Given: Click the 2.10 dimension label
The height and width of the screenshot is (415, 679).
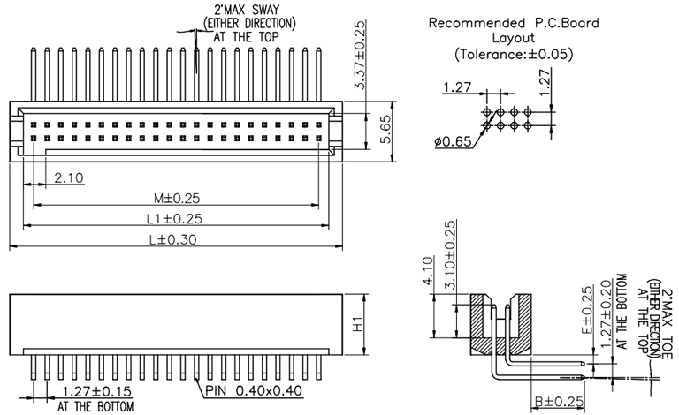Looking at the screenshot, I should click(68, 178).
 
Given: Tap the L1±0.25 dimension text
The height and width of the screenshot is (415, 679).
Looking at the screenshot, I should click(174, 218).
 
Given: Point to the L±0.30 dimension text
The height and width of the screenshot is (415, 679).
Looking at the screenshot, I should click(174, 240).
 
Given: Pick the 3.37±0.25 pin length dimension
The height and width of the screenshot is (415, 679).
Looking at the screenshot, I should click(360, 53).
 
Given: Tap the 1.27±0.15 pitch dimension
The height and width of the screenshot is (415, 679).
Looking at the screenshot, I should click(96, 391).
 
